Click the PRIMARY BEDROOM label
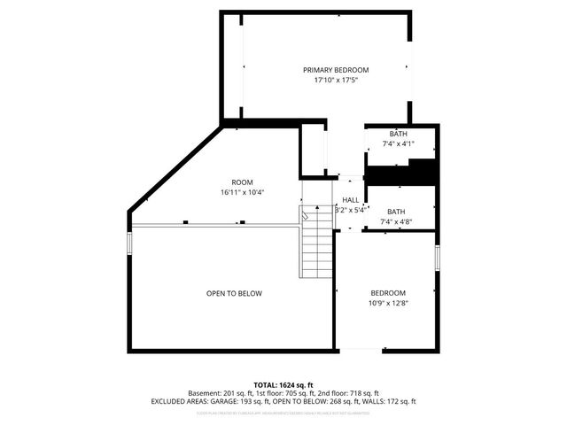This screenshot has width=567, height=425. pyautogui.click(x=336, y=70)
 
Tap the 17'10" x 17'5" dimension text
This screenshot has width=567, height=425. pyautogui.click(x=336, y=80)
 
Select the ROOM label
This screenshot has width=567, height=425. pyautogui.click(x=230, y=182)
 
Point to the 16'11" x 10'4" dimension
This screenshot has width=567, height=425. pyautogui.click(x=230, y=192)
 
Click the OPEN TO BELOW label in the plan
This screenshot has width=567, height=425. pyautogui.click(x=234, y=293)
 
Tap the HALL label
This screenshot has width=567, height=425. pyautogui.click(x=351, y=201)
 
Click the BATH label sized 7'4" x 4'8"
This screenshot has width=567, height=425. pyautogui.click(x=395, y=212)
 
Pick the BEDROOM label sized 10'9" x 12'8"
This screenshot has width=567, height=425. pyautogui.click(x=388, y=293)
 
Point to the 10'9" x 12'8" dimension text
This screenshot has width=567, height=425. pyautogui.click(x=388, y=303)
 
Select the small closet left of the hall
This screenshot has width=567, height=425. pyautogui.click(x=313, y=151)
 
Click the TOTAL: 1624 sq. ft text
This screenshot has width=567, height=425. pyautogui.click(x=283, y=384)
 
